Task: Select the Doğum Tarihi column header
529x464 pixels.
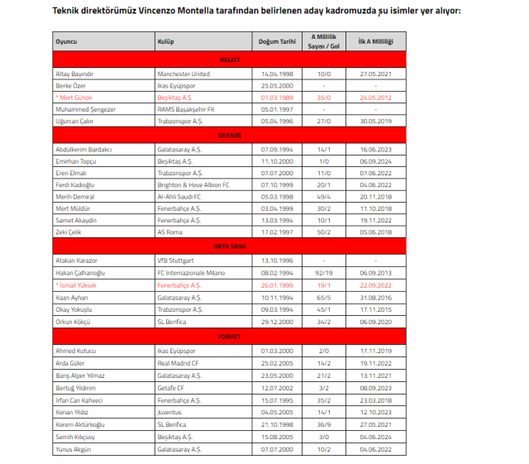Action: tap(276, 41)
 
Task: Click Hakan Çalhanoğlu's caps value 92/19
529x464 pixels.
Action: tap(324, 270)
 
